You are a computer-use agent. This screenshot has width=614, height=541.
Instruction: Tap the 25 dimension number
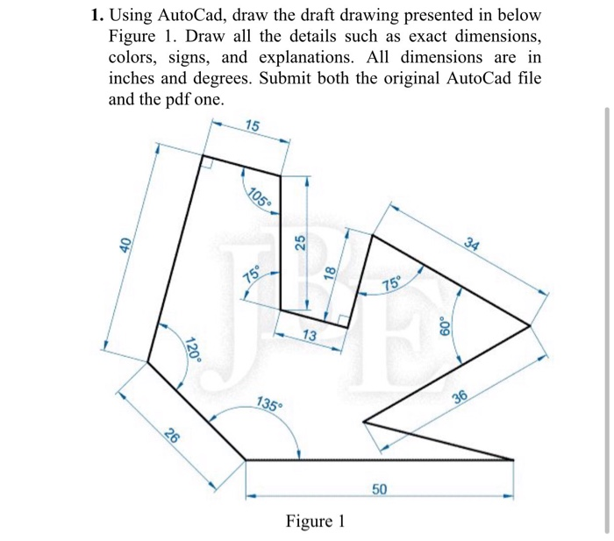(298, 242)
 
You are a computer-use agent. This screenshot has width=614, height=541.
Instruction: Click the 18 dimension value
(331, 273)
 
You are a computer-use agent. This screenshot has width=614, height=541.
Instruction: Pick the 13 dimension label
(310, 336)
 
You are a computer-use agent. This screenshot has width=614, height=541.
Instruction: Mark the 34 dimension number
(475, 245)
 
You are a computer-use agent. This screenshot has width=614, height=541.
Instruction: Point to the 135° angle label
(270, 404)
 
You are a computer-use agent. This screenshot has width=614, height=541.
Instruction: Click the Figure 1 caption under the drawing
(315, 523)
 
